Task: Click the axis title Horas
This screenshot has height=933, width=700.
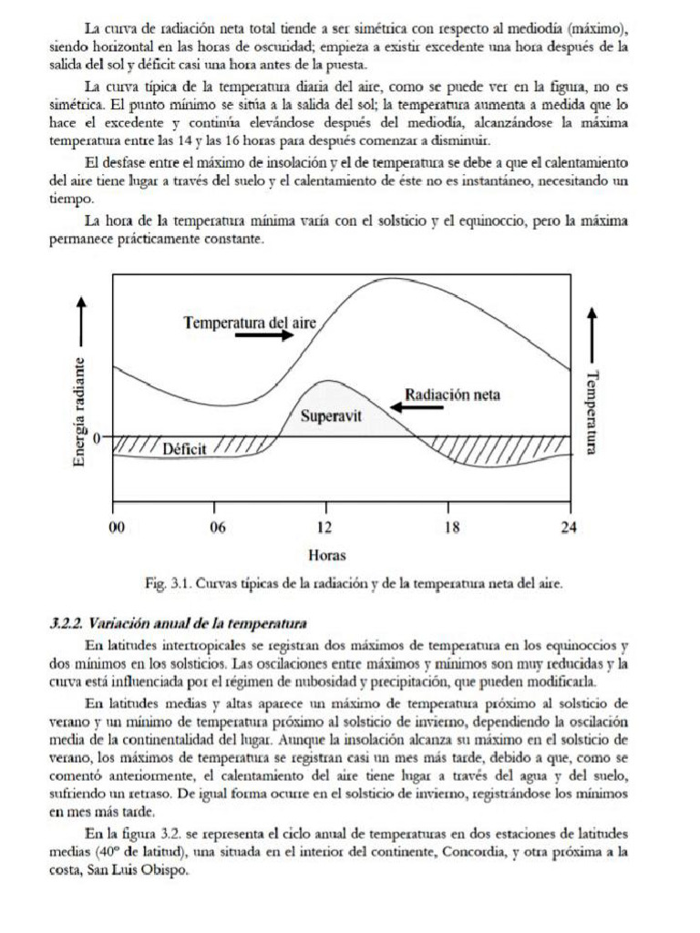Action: point(327,554)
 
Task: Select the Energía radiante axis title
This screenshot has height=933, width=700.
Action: point(81,411)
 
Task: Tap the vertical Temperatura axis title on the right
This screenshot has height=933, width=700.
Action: point(593,412)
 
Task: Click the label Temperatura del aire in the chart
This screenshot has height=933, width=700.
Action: point(249,322)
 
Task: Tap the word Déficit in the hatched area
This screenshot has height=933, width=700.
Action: point(185,448)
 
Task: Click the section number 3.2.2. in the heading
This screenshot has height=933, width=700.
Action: point(67,623)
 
